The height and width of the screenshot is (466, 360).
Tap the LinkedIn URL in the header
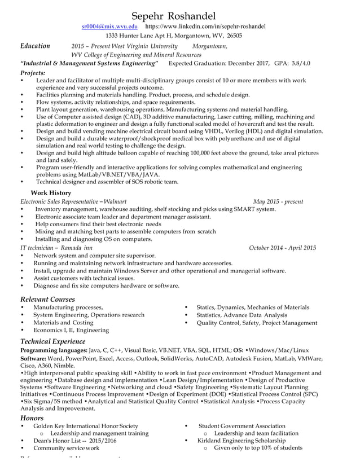(x=205, y=26)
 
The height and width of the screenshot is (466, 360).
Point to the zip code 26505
(x=234, y=36)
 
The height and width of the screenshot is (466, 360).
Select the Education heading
(x=35, y=46)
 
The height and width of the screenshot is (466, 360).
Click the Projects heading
(x=33, y=73)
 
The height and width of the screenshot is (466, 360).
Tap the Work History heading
(x=50, y=193)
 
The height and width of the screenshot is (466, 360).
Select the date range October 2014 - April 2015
(x=282, y=248)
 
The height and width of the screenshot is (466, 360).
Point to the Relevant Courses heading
(x=47, y=298)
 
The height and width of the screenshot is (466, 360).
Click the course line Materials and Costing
(x=63, y=323)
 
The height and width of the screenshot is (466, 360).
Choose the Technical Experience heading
(x=52, y=341)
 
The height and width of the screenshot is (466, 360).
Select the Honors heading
(x=32, y=417)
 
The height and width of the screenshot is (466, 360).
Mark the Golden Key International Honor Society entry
(x=85, y=426)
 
